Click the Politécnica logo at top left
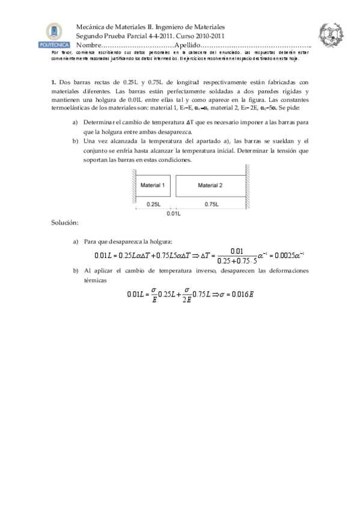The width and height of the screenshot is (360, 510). (53, 35)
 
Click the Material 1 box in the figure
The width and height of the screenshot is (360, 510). (153, 185)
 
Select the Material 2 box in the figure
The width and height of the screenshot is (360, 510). (210, 185)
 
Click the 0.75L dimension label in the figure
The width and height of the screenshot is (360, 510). (210, 204)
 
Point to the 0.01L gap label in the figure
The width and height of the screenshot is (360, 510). (173, 214)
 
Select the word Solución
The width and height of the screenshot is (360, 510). (65, 223)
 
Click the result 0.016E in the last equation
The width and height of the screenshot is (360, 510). (242, 294)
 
